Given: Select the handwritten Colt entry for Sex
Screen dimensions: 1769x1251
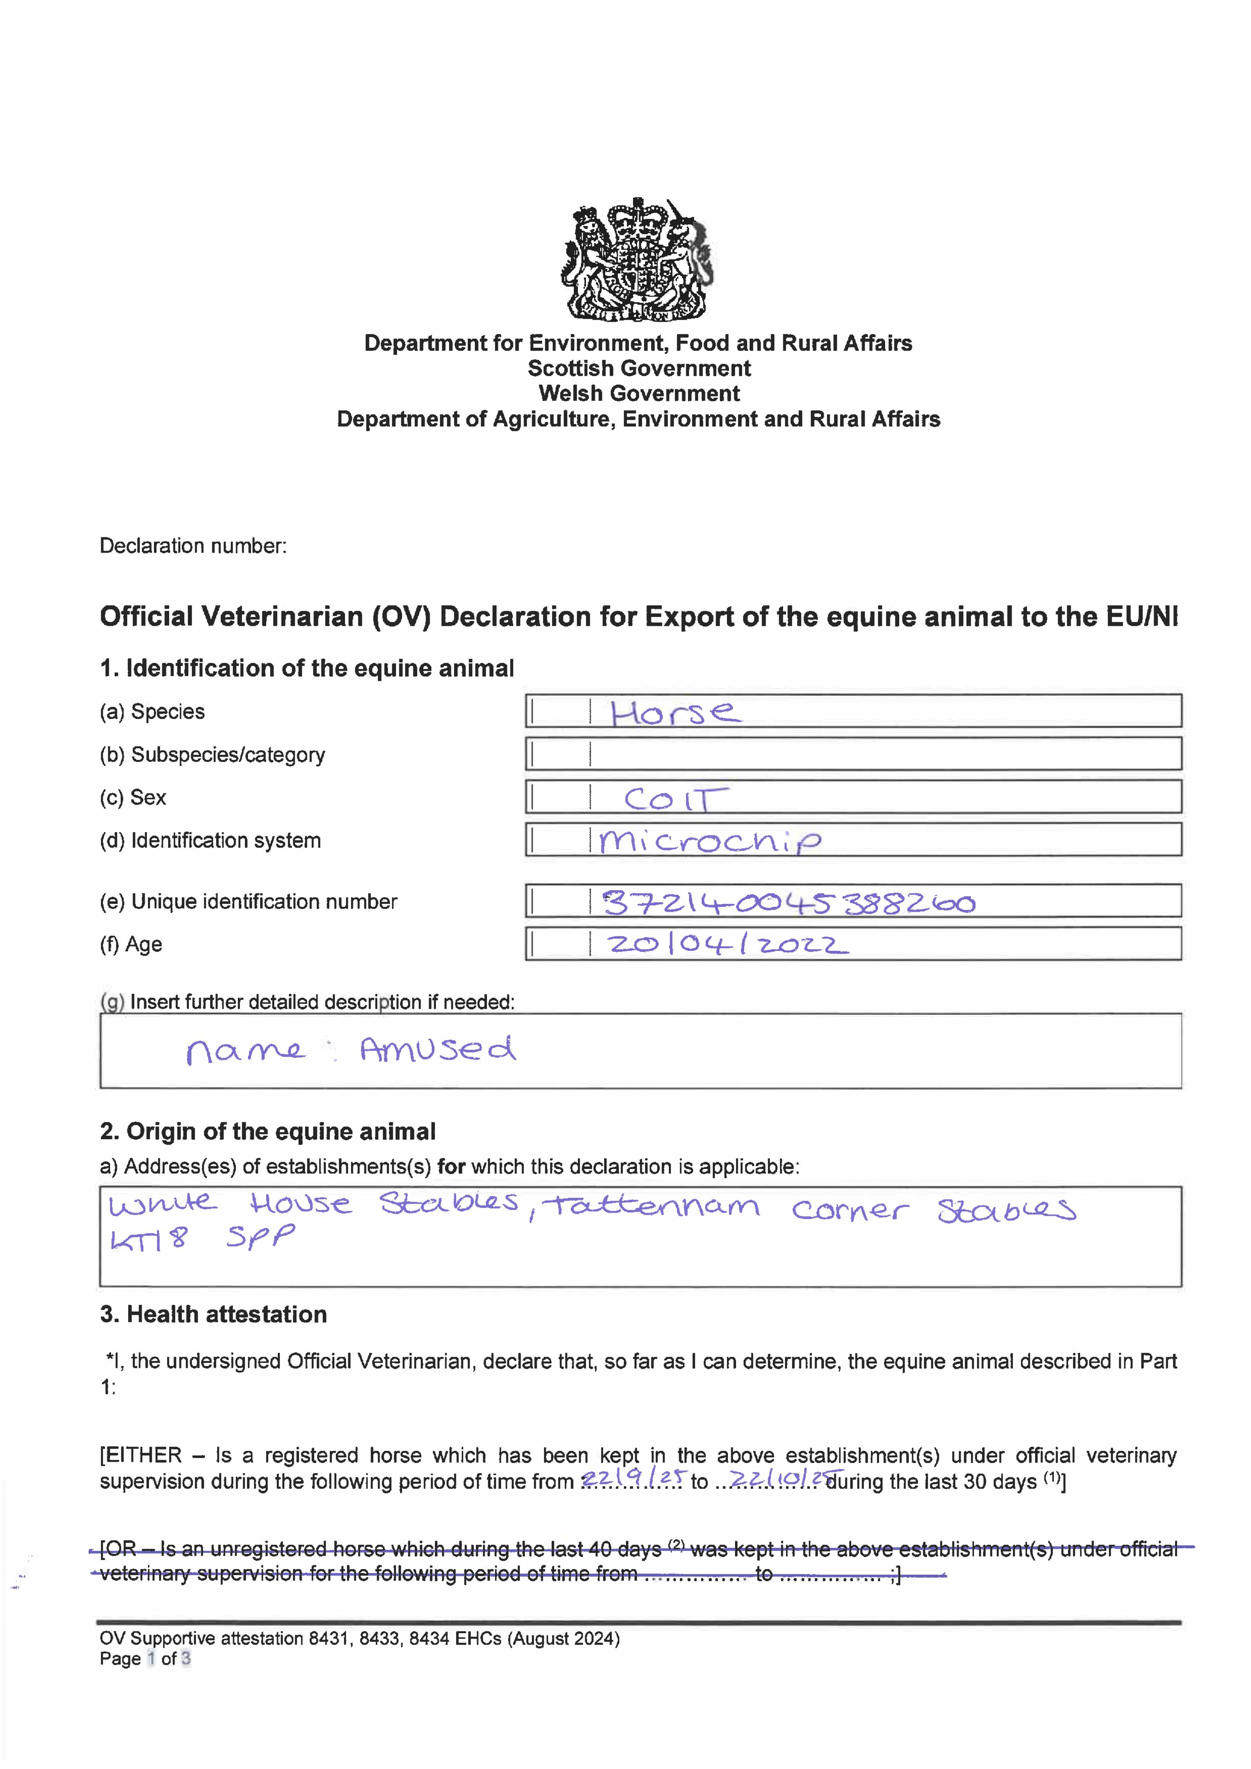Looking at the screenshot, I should (675, 799).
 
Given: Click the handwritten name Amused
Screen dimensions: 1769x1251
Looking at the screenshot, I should (437, 1049).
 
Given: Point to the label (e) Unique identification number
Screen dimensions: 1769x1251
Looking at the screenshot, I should (248, 901).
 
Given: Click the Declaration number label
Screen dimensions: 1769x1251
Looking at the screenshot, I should (193, 546).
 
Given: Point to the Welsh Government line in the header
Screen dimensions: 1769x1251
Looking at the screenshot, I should (639, 394).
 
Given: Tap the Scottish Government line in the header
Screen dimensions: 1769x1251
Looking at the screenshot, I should (639, 368).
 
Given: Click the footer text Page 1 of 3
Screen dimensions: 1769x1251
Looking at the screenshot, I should (145, 1659).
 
